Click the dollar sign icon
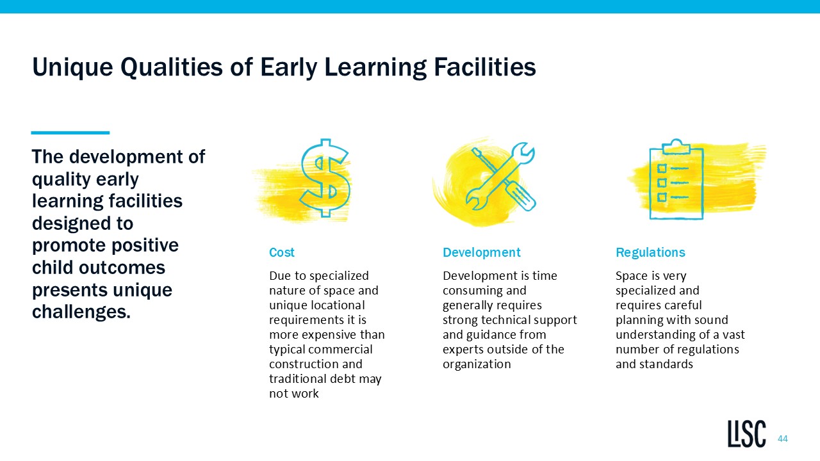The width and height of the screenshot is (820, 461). click(325, 178)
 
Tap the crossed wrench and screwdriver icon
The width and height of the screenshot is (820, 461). click(501, 177)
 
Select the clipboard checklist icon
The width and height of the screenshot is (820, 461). click(676, 179)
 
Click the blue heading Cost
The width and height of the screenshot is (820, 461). click(281, 252)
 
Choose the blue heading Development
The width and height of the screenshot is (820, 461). click(481, 252)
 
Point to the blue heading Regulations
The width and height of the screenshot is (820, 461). click(650, 252)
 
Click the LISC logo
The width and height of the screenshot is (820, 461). click(746, 434)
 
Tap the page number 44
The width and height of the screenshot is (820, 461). click(783, 439)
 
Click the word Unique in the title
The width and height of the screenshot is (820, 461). click(72, 68)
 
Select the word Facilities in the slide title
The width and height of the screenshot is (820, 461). click(485, 67)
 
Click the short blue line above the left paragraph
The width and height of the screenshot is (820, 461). click(70, 133)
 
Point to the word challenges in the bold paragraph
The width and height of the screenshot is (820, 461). click(81, 312)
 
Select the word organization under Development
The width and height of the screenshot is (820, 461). click(477, 364)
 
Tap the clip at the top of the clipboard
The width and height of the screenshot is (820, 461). click(676, 146)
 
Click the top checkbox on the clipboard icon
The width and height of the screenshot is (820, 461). click(662, 168)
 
